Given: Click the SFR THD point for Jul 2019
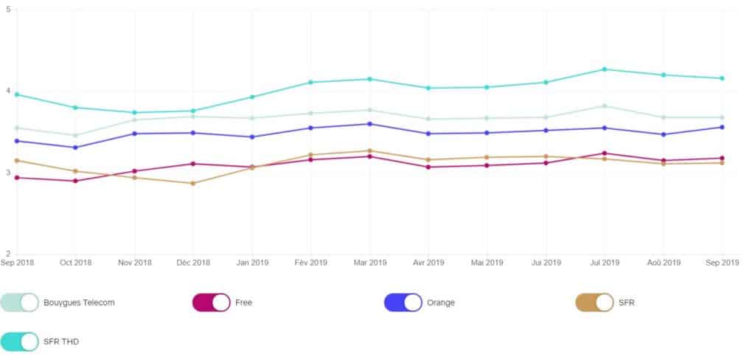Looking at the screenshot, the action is pos(605,69).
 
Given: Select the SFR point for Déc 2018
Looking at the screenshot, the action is pos(193,183).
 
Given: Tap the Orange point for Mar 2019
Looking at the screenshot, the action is pos(369,124).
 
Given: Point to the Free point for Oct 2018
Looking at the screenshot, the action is pos(75,181).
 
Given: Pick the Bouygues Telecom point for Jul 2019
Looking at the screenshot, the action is pos(605,105).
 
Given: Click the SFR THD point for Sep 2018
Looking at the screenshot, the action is pos(17,94).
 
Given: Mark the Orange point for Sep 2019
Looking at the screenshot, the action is pos(723,127).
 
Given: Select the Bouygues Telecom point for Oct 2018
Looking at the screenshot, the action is pos(75,136).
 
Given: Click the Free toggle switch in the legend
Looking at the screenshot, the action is pos(212,302).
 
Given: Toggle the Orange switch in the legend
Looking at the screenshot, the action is pos(403,302).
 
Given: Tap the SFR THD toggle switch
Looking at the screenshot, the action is pos(20,342).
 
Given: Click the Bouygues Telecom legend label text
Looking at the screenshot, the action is pos(79,302).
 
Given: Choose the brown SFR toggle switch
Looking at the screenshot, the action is pos(595,302).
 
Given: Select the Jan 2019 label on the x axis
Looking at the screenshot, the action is pos(252,263).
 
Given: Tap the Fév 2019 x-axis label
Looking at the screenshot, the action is pos(310,263).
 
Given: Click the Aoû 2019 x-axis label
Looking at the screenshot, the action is pos(664,263).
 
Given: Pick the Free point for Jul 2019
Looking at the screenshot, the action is pos(605,153).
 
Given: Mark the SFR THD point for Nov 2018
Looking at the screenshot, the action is pos(134,112).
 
